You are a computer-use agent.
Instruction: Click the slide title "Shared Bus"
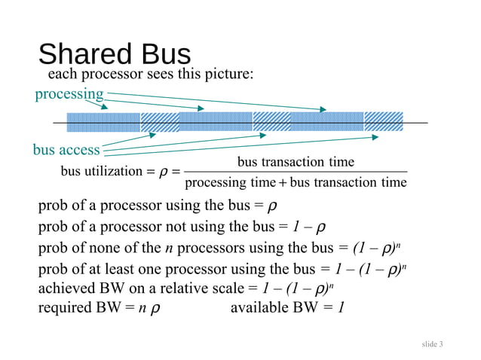(114, 54)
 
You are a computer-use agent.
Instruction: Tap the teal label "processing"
(69, 94)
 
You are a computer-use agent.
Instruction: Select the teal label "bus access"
(66, 150)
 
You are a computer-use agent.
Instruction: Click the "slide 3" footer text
(432, 344)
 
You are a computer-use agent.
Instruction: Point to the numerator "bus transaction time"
(296, 163)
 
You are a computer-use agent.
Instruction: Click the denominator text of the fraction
(296, 183)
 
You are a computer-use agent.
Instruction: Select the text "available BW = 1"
(287, 307)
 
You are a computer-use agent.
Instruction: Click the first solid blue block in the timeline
(103, 122)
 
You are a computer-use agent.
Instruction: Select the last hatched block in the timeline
(383, 122)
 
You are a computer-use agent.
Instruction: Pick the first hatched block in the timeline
(159, 122)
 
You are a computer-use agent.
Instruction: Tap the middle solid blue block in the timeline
(216, 122)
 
